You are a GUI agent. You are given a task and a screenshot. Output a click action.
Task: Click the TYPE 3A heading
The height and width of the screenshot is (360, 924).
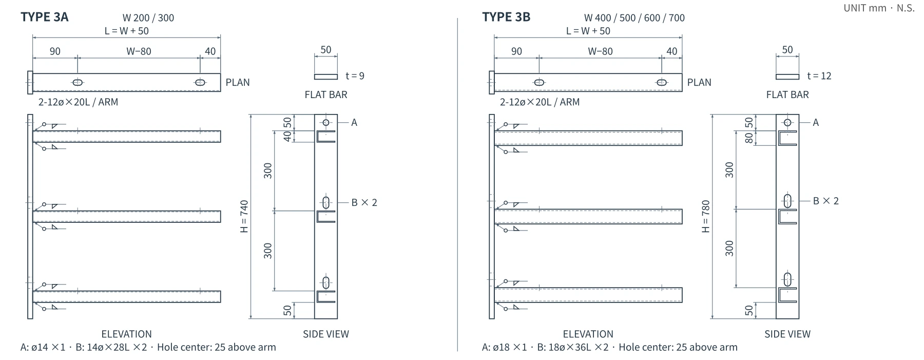(45, 17)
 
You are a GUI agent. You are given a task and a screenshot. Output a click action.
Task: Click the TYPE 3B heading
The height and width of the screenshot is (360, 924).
(506, 17)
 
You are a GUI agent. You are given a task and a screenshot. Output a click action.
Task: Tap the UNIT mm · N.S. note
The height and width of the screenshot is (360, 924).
(879, 8)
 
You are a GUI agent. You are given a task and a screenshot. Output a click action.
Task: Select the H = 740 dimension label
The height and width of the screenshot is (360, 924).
(244, 216)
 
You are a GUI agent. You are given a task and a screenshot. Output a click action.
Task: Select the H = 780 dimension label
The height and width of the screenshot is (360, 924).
(706, 216)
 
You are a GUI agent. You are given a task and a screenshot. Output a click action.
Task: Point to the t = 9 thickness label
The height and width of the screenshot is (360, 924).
(355, 76)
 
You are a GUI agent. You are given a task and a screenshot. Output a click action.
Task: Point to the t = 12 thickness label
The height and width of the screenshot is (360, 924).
(819, 76)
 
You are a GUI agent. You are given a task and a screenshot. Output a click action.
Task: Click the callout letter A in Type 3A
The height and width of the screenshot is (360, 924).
(354, 122)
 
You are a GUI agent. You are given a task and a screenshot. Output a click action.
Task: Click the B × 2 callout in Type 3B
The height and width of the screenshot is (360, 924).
(826, 201)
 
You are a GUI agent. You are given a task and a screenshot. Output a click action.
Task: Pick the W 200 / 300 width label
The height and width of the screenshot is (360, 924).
(148, 18)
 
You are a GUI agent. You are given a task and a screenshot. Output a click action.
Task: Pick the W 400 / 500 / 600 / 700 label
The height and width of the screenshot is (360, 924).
(634, 18)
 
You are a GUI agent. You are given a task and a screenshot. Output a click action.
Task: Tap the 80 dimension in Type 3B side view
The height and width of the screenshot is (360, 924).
(749, 138)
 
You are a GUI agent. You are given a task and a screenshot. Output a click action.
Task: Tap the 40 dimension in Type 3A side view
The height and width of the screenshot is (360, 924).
(288, 136)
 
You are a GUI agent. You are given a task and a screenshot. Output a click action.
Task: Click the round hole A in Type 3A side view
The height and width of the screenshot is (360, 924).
(326, 122)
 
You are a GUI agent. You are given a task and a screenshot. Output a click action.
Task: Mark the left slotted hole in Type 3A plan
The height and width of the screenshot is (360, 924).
(78, 83)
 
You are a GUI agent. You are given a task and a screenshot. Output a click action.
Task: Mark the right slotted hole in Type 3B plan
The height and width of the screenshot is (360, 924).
(662, 83)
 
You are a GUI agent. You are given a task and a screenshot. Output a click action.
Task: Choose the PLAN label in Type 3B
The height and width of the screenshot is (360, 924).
(699, 82)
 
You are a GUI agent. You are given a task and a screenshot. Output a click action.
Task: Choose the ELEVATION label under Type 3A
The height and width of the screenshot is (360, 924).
(127, 334)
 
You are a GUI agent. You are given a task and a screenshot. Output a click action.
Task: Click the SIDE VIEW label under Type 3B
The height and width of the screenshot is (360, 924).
(787, 334)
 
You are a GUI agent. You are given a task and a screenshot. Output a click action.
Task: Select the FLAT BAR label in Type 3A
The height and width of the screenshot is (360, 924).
(326, 94)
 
